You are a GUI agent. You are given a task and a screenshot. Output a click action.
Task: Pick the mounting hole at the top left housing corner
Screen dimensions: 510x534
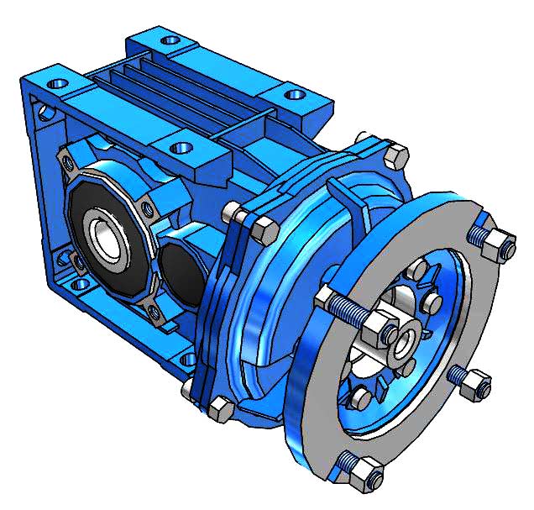coord(60,85)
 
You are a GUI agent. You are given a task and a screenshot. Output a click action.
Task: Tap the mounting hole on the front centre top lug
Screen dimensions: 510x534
coord(179,148)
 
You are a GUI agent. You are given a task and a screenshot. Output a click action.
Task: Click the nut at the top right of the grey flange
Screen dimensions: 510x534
coord(501,243)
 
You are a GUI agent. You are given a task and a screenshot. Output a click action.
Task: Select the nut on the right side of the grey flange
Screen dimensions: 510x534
coord(475,383)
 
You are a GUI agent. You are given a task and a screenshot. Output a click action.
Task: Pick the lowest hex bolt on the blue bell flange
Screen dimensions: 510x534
coord(221,410)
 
